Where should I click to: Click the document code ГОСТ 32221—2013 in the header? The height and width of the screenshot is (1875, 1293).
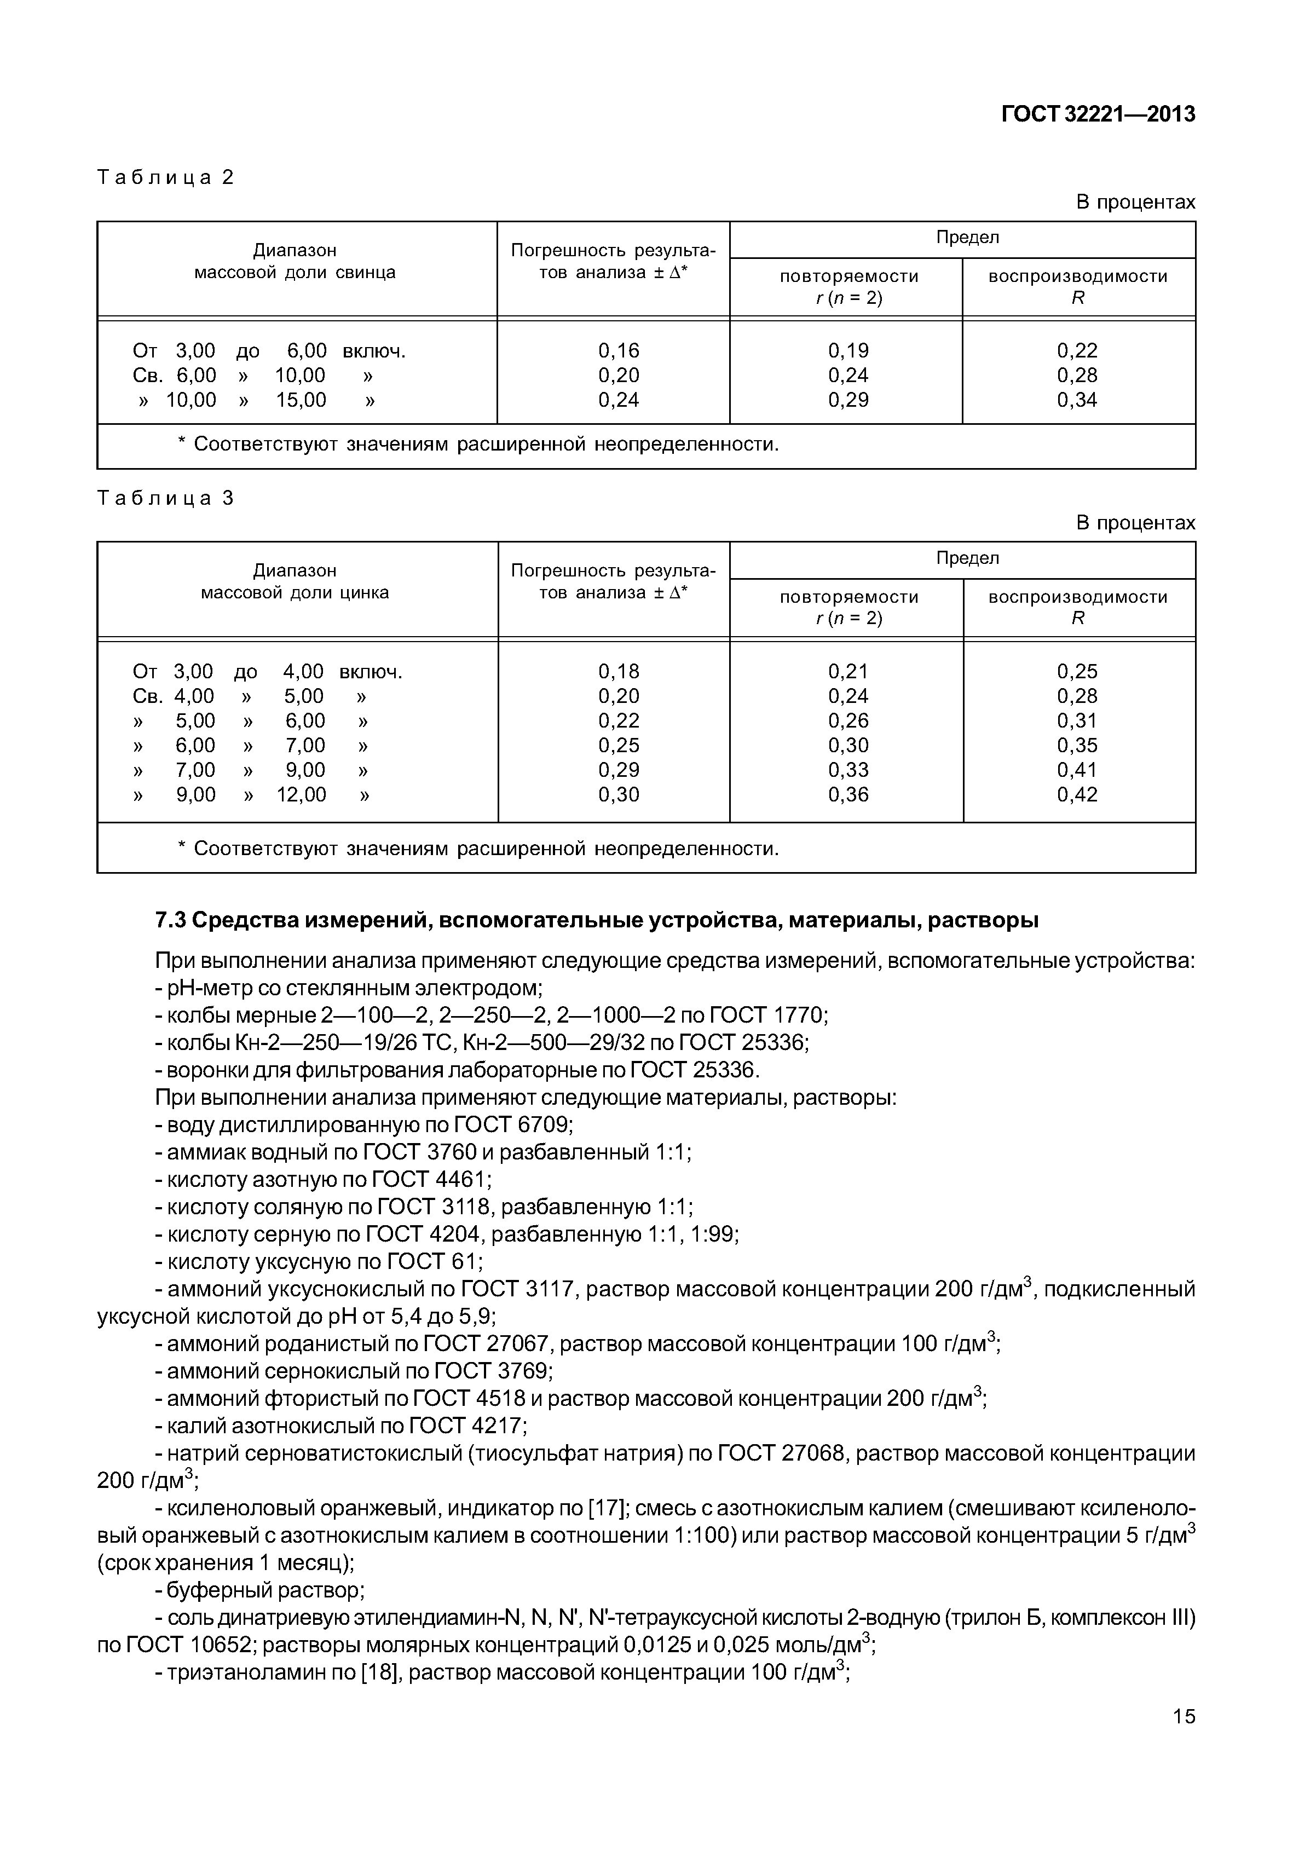point(1098,115)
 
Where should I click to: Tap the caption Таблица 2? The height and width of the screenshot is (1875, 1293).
point(165,177)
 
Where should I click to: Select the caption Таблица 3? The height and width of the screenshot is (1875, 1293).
point(165,498)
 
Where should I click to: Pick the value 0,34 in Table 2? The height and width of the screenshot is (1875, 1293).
point(1077,400)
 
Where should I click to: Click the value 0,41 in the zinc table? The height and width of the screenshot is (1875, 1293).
point(1077,770)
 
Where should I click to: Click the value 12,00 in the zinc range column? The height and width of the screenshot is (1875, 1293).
point(302,795)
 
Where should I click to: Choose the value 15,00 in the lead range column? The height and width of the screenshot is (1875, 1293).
point(302,400)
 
